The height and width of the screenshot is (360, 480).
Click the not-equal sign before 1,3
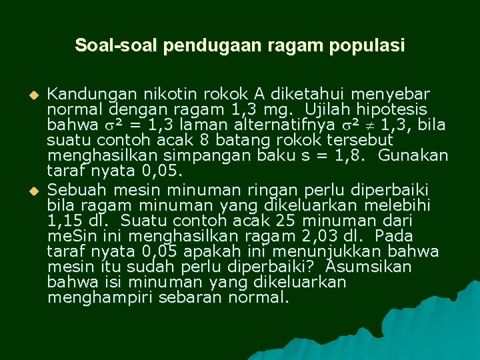[x=369, y=125]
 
